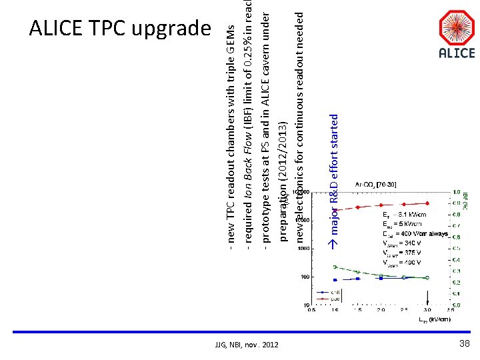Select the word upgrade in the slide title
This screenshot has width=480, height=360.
[x=171, y=29]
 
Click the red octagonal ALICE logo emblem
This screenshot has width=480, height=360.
[x=457, y=28]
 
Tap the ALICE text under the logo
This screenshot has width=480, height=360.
[x=457, y=54]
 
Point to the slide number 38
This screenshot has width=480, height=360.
[x=465, y=343]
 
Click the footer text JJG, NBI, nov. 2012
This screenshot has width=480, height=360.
[x=247, y=344]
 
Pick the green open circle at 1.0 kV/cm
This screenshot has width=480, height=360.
[x=335, y=267]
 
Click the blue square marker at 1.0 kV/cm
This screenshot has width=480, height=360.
[x=335, y=280]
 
